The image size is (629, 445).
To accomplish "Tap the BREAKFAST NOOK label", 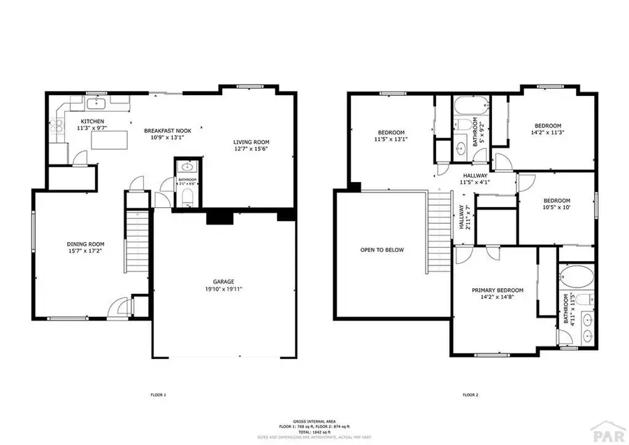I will pos(167,130).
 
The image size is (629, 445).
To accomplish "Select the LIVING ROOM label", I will pos(252,142).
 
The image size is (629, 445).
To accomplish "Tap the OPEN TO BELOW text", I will pos(382,250).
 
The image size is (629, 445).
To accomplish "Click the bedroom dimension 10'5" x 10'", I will pos(557,207).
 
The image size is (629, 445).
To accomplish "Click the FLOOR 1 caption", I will pos(158,395).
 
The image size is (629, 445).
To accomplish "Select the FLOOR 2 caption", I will pos(469,395).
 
